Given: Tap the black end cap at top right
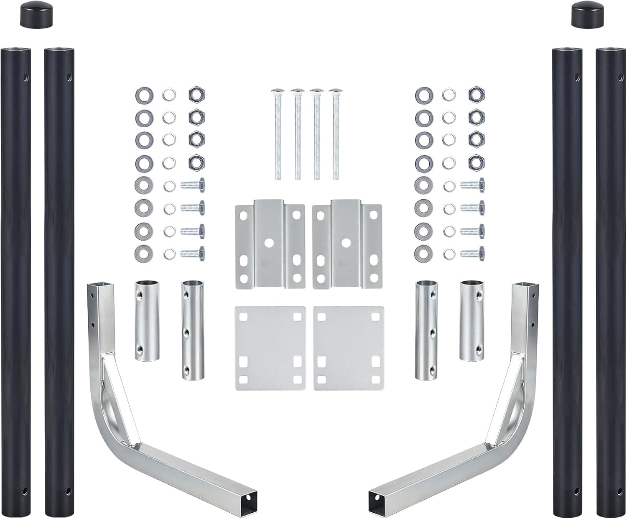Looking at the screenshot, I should [583, 14].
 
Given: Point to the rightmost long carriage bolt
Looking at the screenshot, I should [335, 134].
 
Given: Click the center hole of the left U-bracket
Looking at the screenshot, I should [269, 242].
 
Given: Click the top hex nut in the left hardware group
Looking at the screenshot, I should [195, 92].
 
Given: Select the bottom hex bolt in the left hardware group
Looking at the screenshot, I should [192, 253].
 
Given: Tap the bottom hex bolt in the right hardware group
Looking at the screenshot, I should [472, 253].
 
